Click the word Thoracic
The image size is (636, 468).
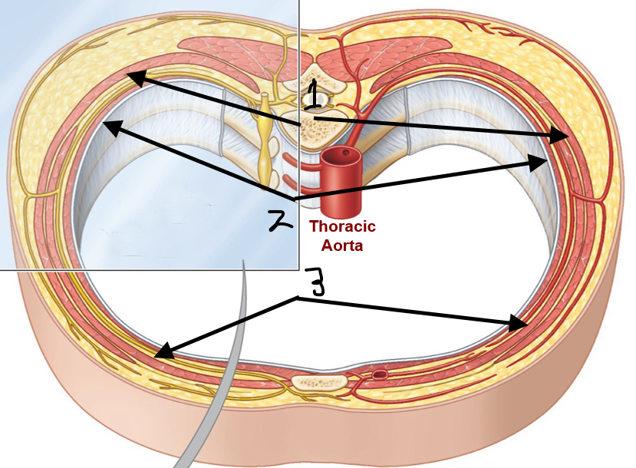pos(343,226)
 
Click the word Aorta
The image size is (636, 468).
pos(342,246)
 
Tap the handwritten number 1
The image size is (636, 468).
pos(313,94)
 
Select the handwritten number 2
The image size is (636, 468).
pos(280,222)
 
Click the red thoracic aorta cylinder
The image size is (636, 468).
pos(341,180)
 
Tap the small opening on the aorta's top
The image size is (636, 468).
pos(345,153)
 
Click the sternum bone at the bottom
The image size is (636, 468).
pos(320,382)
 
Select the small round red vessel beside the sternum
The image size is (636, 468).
pos(380,374)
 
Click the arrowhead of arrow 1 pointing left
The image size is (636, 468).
pos(136,77)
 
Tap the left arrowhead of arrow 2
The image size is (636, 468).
pos(113,128)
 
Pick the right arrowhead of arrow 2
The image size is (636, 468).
pos(538,163)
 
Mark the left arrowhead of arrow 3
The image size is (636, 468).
pos(164,351)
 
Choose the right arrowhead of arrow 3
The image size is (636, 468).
pos(518,322)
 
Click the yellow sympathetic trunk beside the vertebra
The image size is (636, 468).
pos(265,142)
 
